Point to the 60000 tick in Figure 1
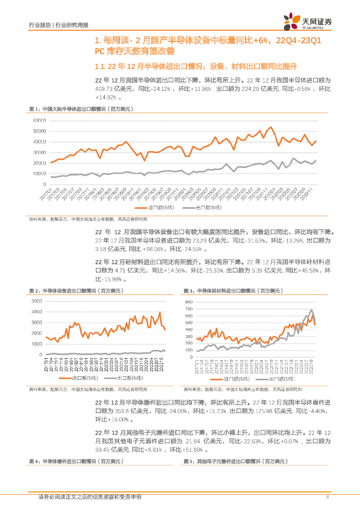point(39,120)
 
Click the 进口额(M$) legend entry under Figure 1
point(157,207)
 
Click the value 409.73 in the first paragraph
point(106,88)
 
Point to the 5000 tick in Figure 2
point(37,301)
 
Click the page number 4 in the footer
point(327,497)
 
